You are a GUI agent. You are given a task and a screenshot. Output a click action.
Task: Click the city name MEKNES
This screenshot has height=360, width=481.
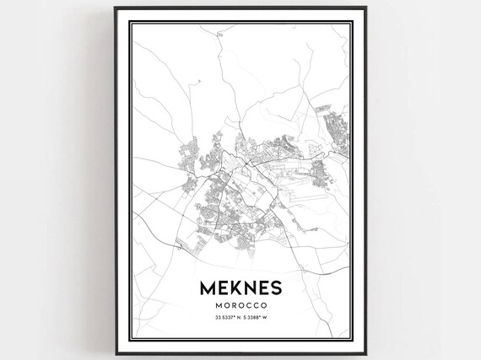coord(240,287)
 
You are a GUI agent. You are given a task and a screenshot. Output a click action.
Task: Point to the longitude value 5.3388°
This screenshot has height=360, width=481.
coord(256,317)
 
